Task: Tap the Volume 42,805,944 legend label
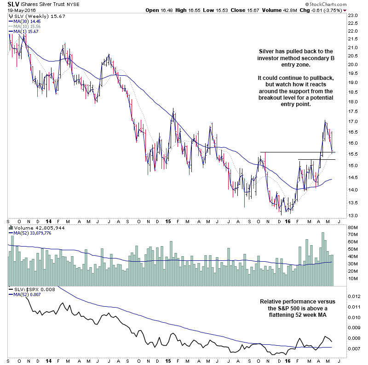click(39, 227)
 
